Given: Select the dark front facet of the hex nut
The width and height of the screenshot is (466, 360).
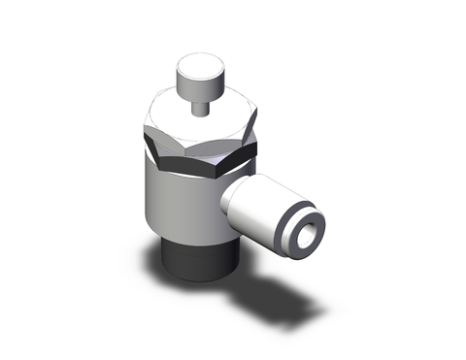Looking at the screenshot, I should [195, 163].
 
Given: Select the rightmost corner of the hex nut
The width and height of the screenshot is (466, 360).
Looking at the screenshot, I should [256, 144].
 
